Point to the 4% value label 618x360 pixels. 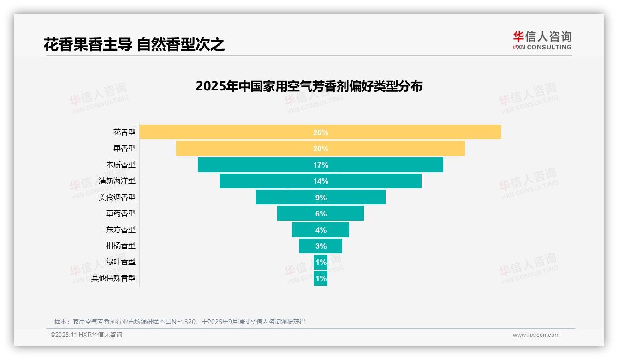point(321,230)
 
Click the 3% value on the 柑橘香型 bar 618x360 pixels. point(321,246)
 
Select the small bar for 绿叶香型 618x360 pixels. point(321,262)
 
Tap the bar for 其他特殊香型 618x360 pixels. point(321,278)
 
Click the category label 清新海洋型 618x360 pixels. point(117,181)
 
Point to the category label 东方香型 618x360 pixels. point(121,229)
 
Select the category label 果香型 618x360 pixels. point(125,149)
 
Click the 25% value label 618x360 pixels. point(321,132)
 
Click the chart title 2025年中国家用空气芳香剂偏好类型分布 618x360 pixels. point(309,86)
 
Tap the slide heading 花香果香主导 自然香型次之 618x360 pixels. point(134,44)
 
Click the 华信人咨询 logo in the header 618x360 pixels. point(542,40)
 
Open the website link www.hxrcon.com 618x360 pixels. point(536,335)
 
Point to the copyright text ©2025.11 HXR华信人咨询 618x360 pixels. point(86,335)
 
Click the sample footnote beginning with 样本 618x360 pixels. point(180,322)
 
